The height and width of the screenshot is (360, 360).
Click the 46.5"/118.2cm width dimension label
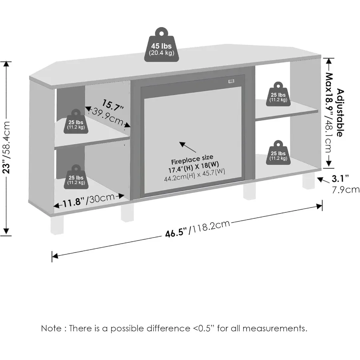pyautogui.click(x=198, y=229)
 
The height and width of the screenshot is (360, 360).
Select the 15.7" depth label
pyautogui.click(x=112, y=105)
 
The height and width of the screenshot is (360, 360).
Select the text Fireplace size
pyautogui.click(x=192, y=160)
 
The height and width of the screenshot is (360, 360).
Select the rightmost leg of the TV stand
pyautogui.click(x=308, y=182)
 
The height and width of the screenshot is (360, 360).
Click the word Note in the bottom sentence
pyautogui.click(x=51, y=329)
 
